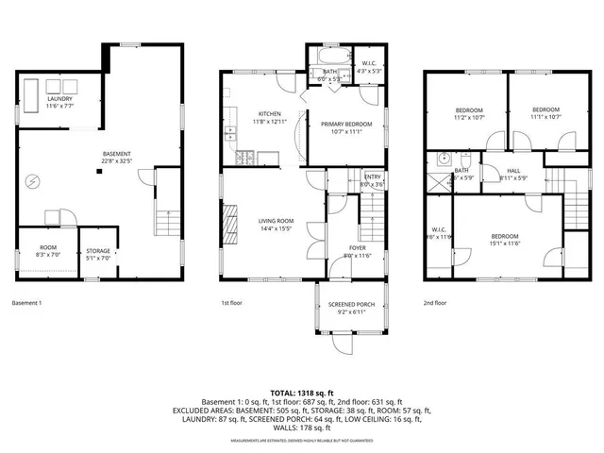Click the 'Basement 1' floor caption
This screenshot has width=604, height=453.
26,303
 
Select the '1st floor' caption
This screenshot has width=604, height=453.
232,303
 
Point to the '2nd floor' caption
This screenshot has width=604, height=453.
436,303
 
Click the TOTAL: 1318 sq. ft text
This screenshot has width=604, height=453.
302,392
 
